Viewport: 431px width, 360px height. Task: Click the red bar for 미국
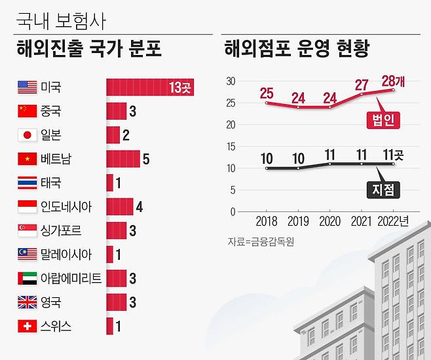pos(150,87)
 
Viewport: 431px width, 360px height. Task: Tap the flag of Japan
pos(28,135)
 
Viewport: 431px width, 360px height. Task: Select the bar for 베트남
pos(122,159)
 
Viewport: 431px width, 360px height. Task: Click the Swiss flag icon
pos(28,326)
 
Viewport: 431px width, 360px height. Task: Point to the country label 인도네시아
pos(66,207)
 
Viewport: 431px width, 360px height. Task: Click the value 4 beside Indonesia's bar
pos(140,207)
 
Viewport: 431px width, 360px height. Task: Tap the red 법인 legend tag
pos(383,120)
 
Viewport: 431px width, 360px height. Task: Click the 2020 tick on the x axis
pos(330,222)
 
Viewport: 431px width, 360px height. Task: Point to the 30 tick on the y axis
pos(230,81)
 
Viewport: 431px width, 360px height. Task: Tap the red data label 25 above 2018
pos(266,93)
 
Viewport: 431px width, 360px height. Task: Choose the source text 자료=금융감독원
pos(261,242)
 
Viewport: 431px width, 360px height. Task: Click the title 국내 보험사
pos(60,20)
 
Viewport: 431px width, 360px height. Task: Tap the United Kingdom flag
pos(28,302)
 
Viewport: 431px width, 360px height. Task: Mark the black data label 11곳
pos(393,155)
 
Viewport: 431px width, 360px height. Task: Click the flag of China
pos(28,111)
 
